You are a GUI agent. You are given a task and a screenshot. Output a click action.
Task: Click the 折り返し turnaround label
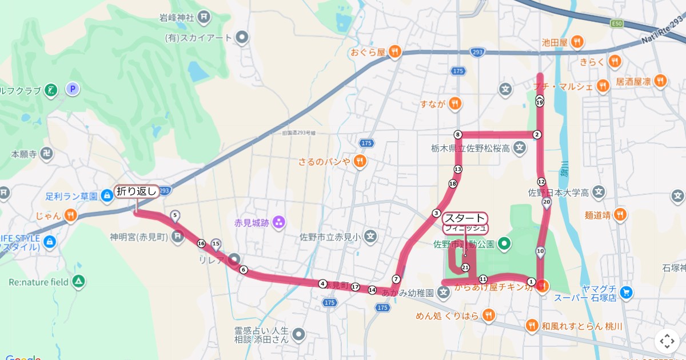[137, 191]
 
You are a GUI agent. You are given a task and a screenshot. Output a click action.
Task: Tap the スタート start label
[465, 218]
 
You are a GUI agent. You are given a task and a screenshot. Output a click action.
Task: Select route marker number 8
[457, 134]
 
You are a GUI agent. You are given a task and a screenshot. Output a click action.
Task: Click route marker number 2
[536, 134]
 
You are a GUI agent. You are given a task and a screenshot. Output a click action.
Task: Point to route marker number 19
[539, 102]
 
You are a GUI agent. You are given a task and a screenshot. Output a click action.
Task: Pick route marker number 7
[396, 279]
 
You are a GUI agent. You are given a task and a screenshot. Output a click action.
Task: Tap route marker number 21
[465, 267]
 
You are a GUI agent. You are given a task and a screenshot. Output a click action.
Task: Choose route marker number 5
[175, 215]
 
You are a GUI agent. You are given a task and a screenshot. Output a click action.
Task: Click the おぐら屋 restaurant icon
[394, 52]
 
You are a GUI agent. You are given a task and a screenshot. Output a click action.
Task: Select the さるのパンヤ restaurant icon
[360, 161]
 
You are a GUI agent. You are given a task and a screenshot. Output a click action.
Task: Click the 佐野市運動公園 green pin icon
[504, 245]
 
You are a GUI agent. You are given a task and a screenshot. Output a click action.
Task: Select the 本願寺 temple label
[24, 154]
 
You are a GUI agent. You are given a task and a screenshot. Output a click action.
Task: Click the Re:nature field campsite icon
[79, 282]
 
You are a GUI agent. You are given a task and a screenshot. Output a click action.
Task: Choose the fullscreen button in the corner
[667, 341]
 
